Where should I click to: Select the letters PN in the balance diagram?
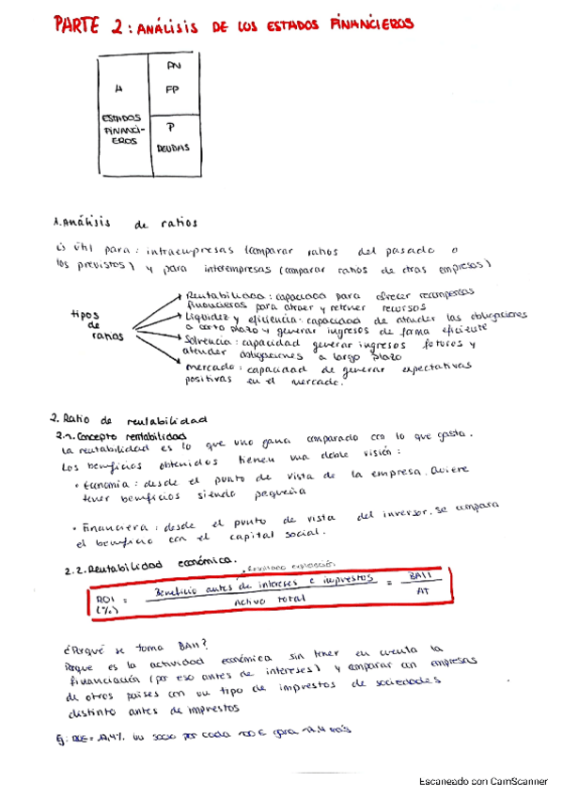tap(171, 67)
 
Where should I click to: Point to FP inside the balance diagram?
tap(171, 91)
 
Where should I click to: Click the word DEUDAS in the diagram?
tap(173, 148)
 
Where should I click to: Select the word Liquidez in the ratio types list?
tap(207, 319)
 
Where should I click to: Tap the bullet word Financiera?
tap(103, 523)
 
